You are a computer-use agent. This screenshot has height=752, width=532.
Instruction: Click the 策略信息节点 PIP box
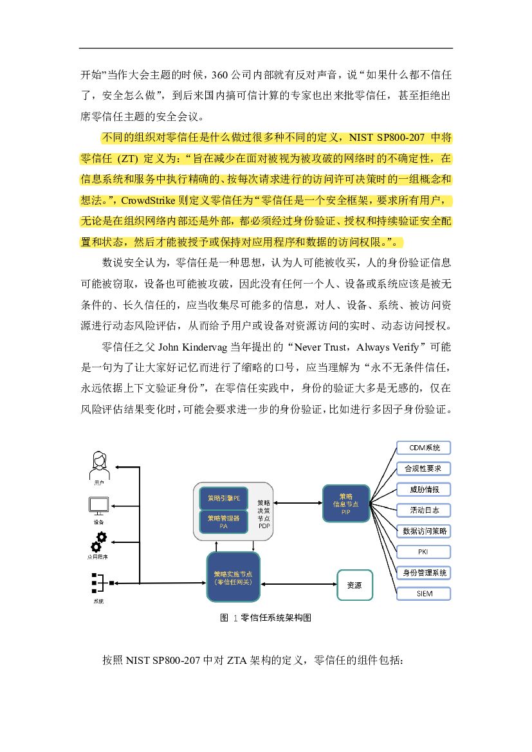pyautogui.click(x=345, y=503)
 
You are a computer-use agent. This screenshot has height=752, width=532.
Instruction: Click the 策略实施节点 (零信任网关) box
pyautogui.click(x=233, y=577)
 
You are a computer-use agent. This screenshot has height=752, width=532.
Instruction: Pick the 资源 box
pyautogui.click(x=354, y=585)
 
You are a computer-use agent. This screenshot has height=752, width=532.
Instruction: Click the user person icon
pyautogui.click(x=98, y=463)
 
